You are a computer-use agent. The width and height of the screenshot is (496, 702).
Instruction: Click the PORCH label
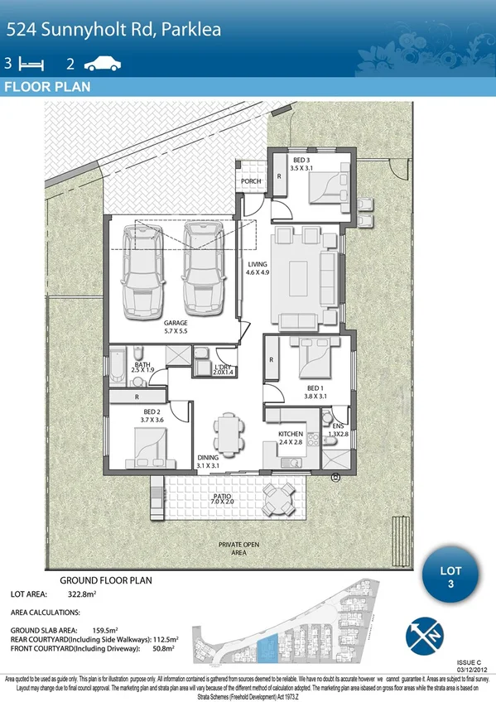tap(251, 181)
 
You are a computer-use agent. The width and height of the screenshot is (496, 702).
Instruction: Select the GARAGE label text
tap(176, 323)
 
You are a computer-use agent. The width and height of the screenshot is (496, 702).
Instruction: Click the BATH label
tap(142, 364)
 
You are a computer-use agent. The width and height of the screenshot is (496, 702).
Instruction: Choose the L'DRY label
tap(222, 367)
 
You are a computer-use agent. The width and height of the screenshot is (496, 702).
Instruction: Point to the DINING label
tap(208, 457)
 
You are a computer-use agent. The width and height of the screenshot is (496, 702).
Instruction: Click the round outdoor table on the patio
tap(278, 498)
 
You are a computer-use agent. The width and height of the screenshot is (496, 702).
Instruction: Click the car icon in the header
tap(102, 62)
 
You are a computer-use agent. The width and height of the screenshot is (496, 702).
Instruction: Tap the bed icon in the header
tap(31, 63)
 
